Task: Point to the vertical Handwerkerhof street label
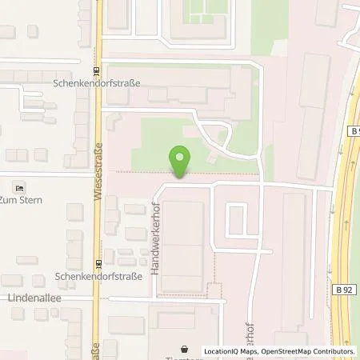coord(157,246)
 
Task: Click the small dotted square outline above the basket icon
coord(213,290)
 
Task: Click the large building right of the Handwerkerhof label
coord(183,246)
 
